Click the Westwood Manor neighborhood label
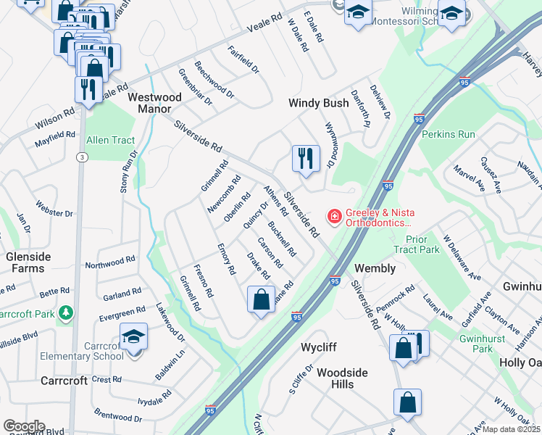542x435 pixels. pos(154,103)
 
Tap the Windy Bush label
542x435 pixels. pos(318,103)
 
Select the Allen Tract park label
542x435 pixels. pos(110,140)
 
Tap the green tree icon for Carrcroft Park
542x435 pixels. pos(66,312)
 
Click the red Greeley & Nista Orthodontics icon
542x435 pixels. pos(334,215)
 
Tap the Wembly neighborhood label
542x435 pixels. pos(375,268)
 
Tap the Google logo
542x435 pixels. pos(24,426)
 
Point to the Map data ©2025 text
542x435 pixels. pos(512,429)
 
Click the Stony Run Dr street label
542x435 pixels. pos(128,172)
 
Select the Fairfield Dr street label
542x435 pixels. pos(243,59)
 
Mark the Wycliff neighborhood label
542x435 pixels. pos(320,347)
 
